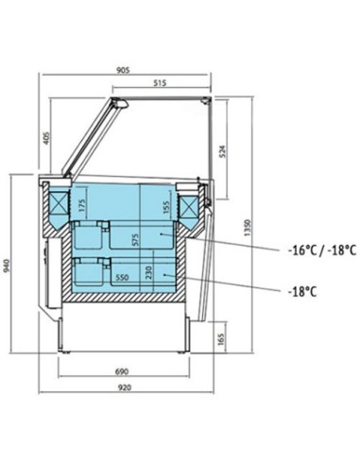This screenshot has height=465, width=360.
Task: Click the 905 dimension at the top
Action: coord(123,70)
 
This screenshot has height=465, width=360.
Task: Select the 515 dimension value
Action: coord(160,83)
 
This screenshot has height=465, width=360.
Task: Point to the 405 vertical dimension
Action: coord(46,138)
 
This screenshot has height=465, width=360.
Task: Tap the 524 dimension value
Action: coord(222,151)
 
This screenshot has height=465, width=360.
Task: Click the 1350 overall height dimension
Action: coord(248,228)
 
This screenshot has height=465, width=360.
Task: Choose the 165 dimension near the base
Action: coord(221,339)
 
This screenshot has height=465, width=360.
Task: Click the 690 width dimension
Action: coord(122,371)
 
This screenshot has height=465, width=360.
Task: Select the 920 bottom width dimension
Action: coord(125,387)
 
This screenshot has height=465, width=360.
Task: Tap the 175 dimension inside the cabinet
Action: coord(81,205)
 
